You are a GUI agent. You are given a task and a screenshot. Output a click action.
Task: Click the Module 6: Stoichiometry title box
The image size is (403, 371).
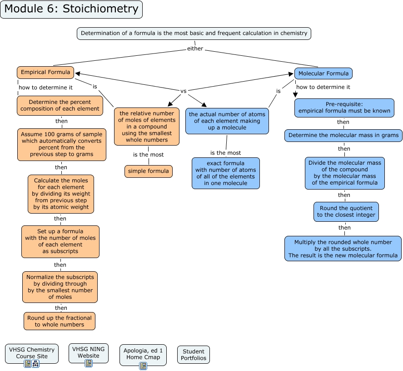tap(71, 9)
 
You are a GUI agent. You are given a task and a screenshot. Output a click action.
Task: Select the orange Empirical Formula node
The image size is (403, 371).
tap(45, 72)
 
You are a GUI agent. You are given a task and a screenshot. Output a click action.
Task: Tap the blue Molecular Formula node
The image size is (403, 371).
tap(323, 73)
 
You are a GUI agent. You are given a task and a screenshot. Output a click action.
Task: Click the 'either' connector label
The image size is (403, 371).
tap(195, 49)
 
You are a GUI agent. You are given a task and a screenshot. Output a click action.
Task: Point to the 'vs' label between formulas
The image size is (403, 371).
tap(184, 91)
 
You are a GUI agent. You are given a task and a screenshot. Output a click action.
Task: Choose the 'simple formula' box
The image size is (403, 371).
tap(149, 171)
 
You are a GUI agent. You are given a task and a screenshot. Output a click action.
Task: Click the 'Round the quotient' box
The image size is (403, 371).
tap(346, 212)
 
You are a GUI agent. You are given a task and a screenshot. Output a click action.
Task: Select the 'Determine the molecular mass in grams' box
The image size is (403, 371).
tap(343, 135)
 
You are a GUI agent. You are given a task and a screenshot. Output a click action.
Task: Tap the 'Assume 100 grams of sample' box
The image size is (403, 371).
tap(62, 144)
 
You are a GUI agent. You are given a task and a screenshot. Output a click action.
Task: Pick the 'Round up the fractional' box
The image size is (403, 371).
tap(60, 321)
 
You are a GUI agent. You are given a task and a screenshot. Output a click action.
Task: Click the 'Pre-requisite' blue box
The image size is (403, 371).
tap(344, 107)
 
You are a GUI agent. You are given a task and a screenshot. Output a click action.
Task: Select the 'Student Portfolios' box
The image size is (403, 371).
tap(194, 355)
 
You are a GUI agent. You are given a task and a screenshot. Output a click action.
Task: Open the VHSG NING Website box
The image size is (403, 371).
tap(89, 352)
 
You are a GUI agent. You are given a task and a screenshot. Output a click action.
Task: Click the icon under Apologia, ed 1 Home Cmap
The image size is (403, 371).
tap(143, 366)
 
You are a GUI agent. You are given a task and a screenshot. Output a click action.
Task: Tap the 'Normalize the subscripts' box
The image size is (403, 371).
tap(60, 287)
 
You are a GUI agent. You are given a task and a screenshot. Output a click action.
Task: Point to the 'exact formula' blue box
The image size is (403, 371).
tap(226, 173)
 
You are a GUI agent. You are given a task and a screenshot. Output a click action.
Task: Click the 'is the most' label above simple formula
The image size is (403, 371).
tap(148, 155)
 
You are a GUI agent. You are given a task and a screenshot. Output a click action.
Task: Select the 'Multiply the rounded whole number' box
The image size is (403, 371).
tap(343, 249)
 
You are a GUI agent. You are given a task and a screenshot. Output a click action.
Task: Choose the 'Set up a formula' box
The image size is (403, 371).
tap(60, 241)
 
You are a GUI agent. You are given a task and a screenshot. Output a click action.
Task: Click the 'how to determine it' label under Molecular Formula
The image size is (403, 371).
tap(323, 87)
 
